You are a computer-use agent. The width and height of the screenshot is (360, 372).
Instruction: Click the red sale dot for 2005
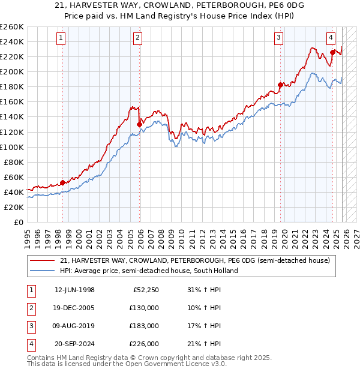click(x=139, y=124)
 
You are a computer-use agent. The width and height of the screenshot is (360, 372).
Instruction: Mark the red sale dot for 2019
click(x=280, y=85)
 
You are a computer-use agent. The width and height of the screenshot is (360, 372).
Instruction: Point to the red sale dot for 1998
click(x=62, y=182)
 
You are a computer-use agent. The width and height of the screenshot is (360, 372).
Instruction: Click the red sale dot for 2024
click(x=332, y=52)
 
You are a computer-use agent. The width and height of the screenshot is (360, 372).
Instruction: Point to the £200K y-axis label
click(x=12, y=71)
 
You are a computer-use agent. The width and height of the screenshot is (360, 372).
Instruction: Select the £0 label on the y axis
click(x=19, y=222)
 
